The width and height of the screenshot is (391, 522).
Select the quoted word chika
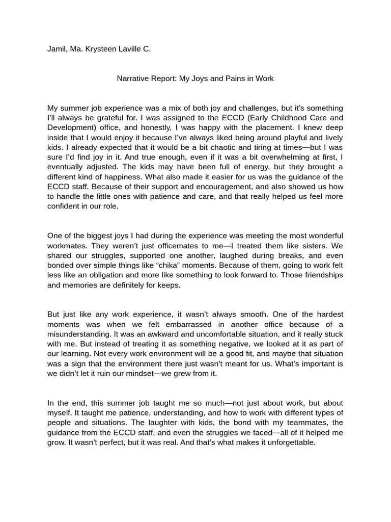pos(172,265)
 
